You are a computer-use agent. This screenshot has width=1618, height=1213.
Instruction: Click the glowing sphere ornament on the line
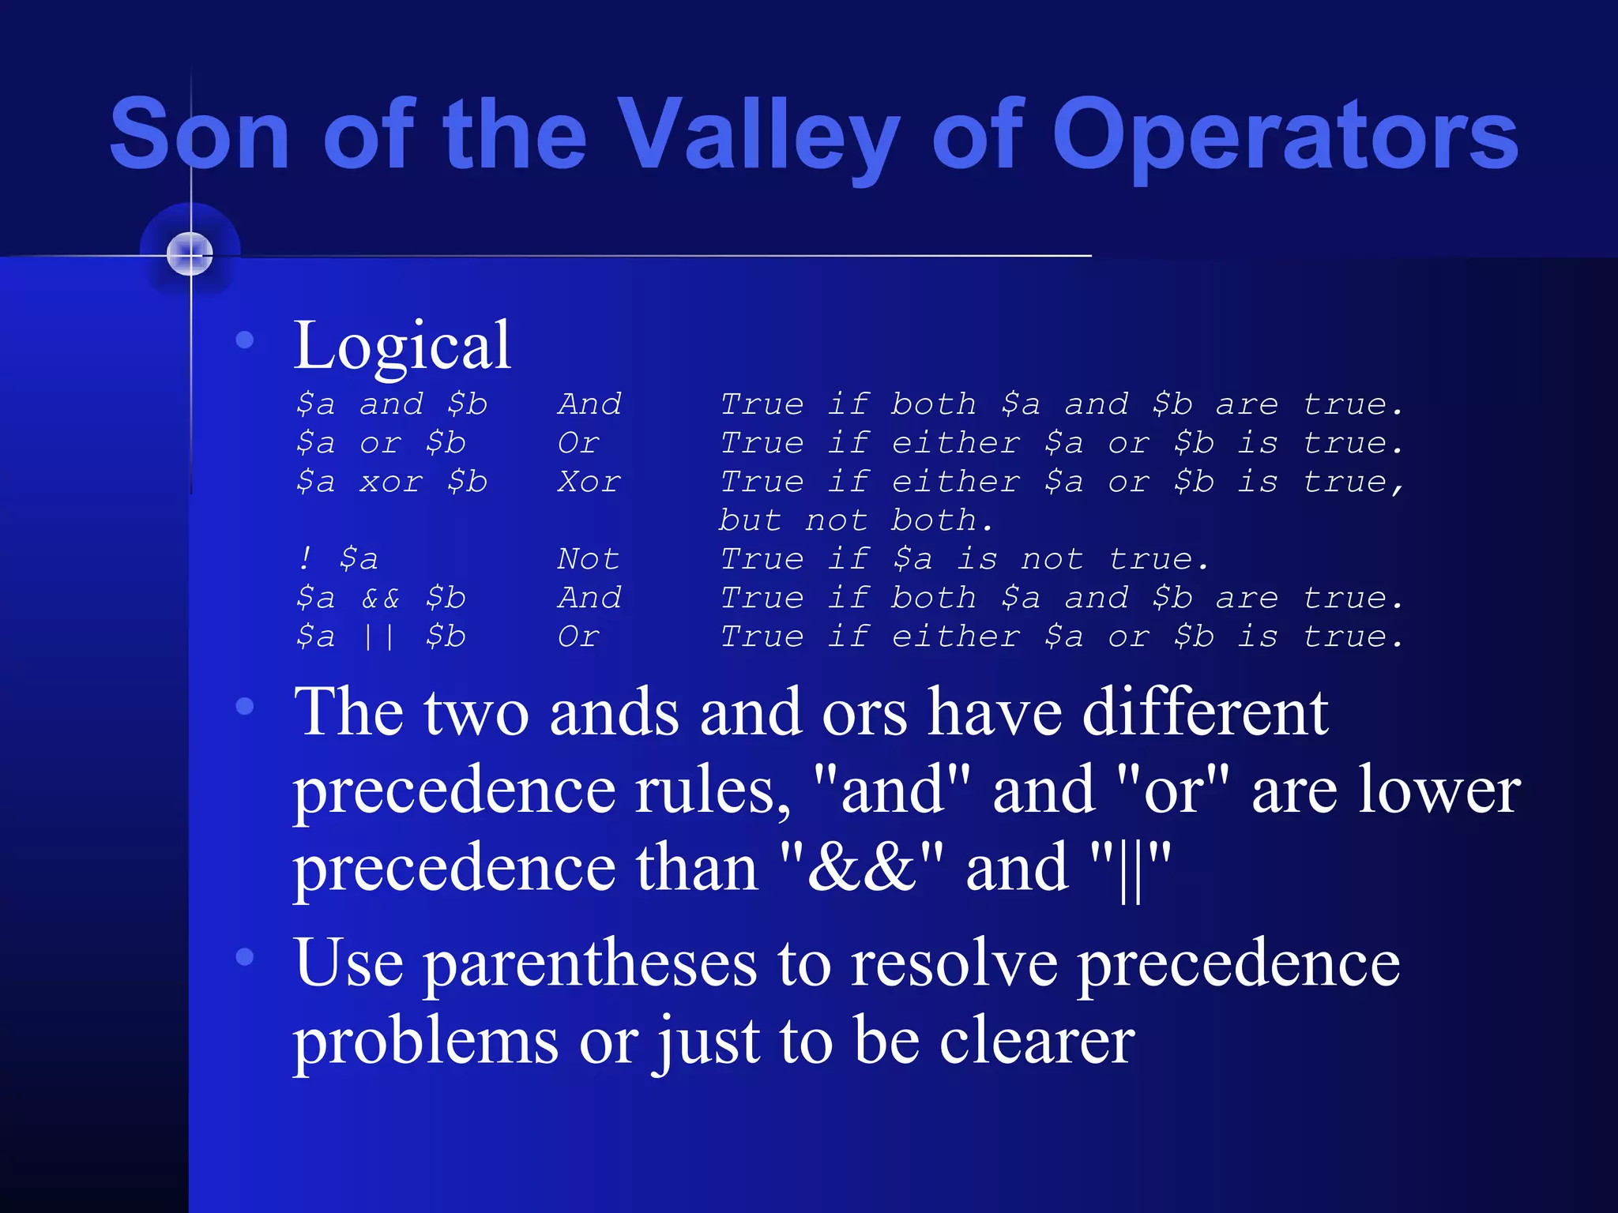coord(190,254)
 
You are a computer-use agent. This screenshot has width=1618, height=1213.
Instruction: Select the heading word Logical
coord(402,346)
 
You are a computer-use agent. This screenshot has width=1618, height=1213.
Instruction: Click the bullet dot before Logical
coord(245,340)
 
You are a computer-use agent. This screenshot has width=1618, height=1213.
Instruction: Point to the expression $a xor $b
coord(392,482)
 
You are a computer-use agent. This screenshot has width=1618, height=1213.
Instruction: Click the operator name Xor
coord(589,482)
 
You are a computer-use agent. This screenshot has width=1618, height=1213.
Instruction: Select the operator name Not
coord(588,559)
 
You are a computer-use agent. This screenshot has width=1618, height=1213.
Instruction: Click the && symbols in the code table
coord(380,598)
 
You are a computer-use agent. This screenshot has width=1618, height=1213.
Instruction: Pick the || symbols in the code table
coord(379,637)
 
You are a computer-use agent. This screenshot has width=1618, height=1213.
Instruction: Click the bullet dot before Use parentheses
coord(245,957)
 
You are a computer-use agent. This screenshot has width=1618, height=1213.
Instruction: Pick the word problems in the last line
coord(426,1041)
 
